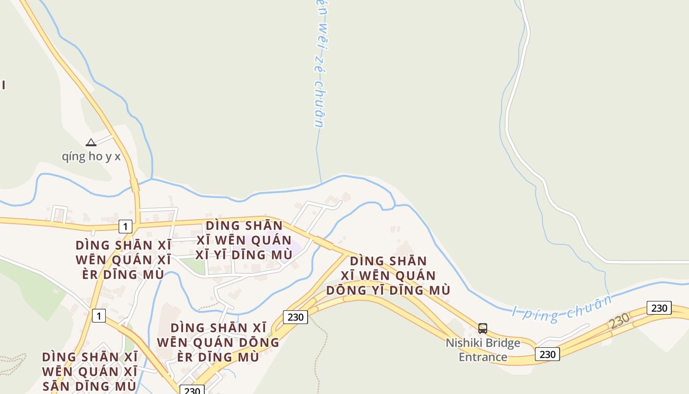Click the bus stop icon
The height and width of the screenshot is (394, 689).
[483, 328]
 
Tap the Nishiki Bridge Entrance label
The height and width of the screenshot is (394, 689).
[483, 350]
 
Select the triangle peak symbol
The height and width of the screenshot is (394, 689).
[91, 143]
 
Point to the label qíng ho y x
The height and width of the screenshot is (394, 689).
[91, 157]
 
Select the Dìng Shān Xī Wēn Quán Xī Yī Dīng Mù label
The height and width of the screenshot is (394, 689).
[244, 240]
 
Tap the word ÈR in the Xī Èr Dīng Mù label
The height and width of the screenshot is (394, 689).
[94, 274]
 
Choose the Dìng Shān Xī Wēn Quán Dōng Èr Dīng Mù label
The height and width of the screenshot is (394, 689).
[218, 342]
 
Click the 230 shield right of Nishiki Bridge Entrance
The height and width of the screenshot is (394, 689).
[547, 354]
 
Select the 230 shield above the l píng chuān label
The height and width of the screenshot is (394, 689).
[659, 308]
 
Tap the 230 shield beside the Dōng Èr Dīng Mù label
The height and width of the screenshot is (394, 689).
[295, 317]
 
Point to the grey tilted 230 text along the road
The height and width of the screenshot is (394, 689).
[619, 321]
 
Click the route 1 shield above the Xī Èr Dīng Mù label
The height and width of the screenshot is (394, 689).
[125, 227]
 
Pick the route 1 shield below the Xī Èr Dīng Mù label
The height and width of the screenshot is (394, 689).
[99, 316]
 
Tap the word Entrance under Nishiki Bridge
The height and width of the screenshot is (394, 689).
[483, 357]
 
